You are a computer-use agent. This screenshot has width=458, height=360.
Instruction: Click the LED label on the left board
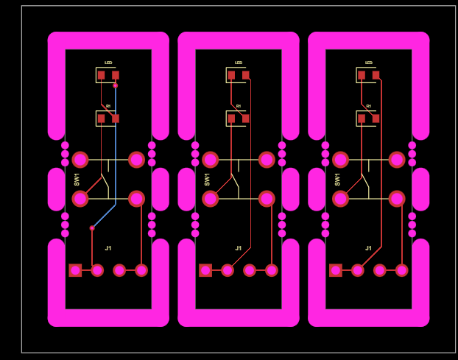pos(108,63)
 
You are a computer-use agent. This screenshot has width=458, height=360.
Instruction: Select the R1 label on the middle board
pos(239,106)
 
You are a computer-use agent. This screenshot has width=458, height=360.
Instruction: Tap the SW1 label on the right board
pos(337,179)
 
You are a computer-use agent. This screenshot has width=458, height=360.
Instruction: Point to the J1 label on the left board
pos(108,248)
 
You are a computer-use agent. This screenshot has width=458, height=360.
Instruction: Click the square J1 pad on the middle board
pos(205,270)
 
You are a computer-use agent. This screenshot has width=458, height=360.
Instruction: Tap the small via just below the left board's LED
pos(116,85)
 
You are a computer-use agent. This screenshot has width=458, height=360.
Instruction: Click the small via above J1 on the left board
pos(92,228)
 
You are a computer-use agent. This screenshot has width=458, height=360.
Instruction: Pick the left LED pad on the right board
pos(362,75)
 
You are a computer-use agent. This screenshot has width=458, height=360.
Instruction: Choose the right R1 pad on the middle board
pos(245,119)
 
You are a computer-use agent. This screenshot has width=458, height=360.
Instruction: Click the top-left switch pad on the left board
pos(80,160)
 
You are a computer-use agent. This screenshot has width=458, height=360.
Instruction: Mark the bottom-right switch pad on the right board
pos(397,199)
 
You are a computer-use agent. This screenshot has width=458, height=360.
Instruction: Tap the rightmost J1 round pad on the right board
pos(401,270)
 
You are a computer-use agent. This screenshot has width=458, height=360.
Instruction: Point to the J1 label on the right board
pos(369,248)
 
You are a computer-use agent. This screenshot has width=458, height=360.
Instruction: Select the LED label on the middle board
pos(239,63)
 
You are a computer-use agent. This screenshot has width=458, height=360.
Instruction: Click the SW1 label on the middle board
pos(207,179)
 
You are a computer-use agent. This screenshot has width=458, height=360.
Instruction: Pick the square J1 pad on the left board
pos(75,270)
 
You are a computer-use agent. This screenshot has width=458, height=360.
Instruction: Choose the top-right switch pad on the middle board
pos(267,160)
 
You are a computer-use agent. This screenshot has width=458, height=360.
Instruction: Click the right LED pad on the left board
pos(116,75)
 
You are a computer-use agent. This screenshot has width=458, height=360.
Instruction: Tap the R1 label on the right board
pos(369,106)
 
